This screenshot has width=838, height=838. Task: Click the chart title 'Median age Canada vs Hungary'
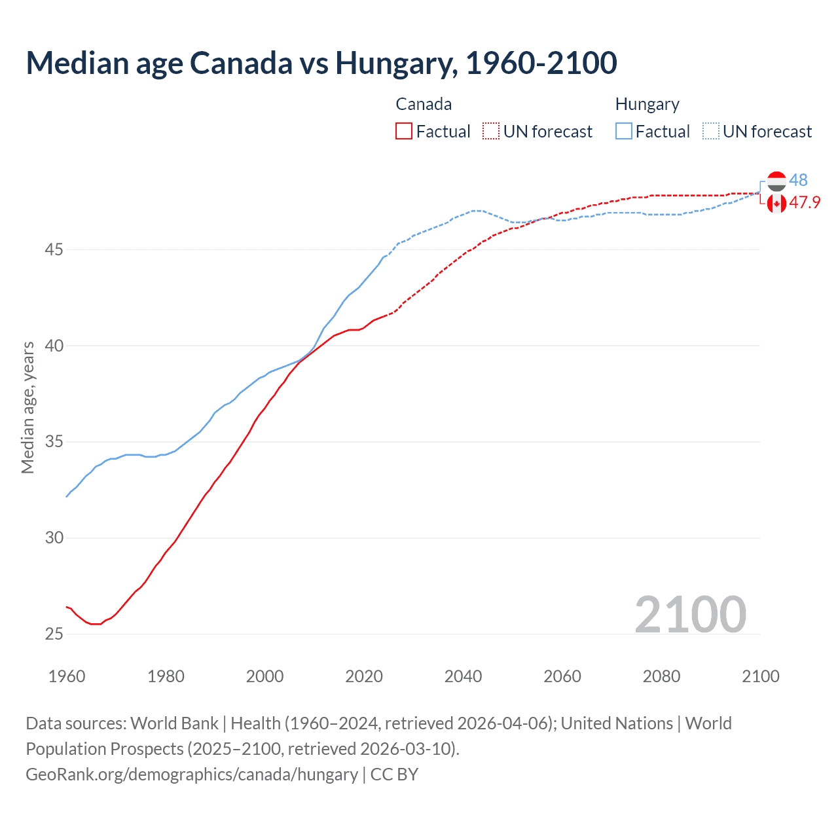(x=321, y=63)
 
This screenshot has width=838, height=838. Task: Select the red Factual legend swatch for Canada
(x=404, y=132)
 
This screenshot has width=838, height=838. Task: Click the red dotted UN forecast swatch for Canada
(x=491, y=132)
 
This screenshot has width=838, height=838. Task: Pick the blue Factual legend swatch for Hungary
(x=623, y=132)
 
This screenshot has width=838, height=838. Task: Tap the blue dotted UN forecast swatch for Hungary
(x=710, y=132)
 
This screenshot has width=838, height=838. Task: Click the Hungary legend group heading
(x=647, y=104)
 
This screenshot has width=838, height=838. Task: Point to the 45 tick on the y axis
(x=54, y=249)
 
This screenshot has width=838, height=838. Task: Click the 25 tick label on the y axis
(x=54, y=634)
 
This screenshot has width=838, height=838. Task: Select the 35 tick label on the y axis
(x=54, y=442)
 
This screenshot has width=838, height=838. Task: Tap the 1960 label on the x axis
(x=67, y=676)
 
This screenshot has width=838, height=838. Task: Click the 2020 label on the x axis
(x=364, y=676)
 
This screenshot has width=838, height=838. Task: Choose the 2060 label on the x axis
(x=562, y=676)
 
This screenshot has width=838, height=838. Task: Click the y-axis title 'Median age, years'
(x=27, y=407)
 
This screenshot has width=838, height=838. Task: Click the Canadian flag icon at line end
(x=776, y=204)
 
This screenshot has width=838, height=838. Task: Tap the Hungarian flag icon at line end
(x=776, y=181)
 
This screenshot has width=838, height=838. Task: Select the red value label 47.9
(x=805, y=202)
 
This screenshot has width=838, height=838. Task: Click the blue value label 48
(x=798, y=180)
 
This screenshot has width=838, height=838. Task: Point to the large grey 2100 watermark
(x=690, y=614)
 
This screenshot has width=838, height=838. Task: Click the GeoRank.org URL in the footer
(x=192, y=774)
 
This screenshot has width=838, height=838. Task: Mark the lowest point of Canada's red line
(x=96, y=624)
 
